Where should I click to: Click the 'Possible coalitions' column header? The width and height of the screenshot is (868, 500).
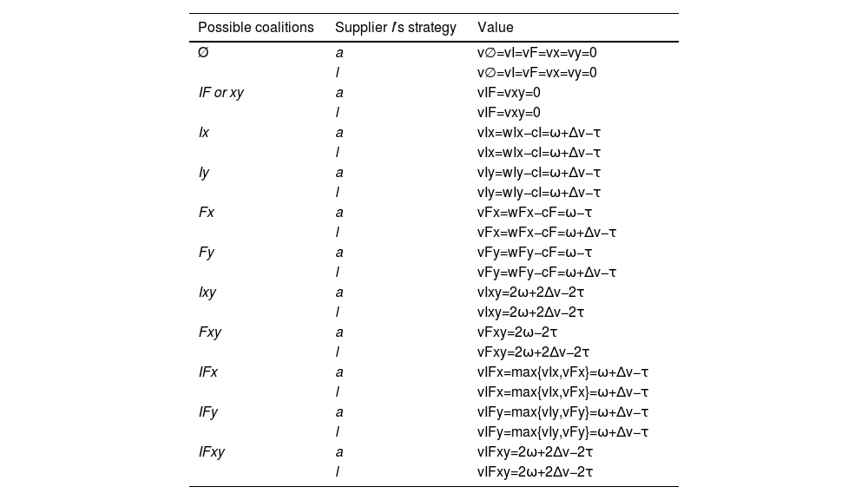[256, 28]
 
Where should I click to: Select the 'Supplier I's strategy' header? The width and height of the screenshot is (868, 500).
[395, 28]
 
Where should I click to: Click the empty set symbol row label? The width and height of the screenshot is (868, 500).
[203, 53]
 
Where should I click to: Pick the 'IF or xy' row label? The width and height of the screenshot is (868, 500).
[221, 93]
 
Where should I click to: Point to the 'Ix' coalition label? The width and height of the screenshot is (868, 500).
[204, 133]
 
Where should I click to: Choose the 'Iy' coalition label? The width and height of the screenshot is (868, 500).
[204, 173]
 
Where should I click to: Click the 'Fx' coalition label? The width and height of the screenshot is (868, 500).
[206, 213]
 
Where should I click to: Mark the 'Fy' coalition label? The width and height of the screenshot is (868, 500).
[206, 253]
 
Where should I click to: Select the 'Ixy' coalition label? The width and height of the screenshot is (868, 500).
[207, 293]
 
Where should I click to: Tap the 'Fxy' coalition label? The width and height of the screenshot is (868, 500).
[209, 332]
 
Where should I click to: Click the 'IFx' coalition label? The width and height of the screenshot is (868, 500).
[208, 372]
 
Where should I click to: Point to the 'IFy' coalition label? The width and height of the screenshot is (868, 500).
[208, 412]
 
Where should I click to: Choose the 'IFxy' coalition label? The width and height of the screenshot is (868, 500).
[212, 452]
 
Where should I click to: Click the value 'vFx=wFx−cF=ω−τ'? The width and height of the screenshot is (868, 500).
[535, 213]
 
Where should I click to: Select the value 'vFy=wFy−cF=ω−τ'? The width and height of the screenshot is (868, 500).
[535, 253]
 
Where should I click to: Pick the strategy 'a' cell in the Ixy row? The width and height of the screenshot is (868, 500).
[339, 293]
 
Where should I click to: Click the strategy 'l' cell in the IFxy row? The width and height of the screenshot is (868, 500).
[338, 472]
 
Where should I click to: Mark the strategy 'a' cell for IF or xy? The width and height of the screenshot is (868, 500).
[339, 93]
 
